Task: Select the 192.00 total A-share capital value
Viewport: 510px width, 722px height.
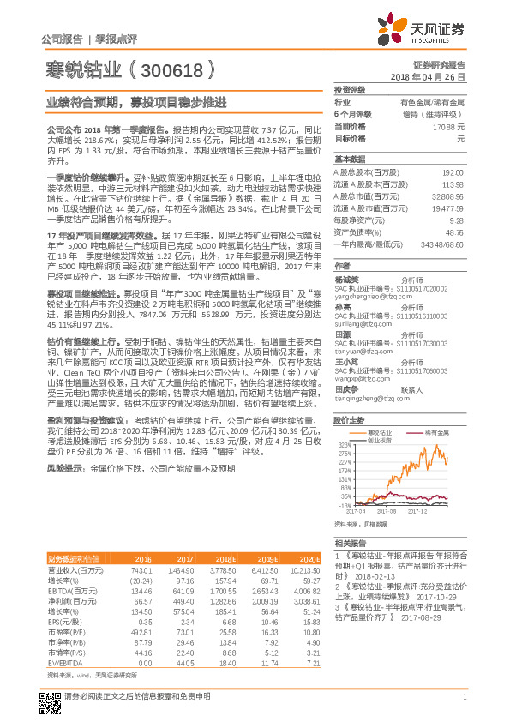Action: (x=454, y=171)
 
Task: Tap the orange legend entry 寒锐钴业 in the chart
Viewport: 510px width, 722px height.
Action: (x=381, y=434)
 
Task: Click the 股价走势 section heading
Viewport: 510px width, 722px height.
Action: (x=350, y=421)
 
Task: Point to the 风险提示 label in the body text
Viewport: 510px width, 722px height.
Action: (x=65, y=470)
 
